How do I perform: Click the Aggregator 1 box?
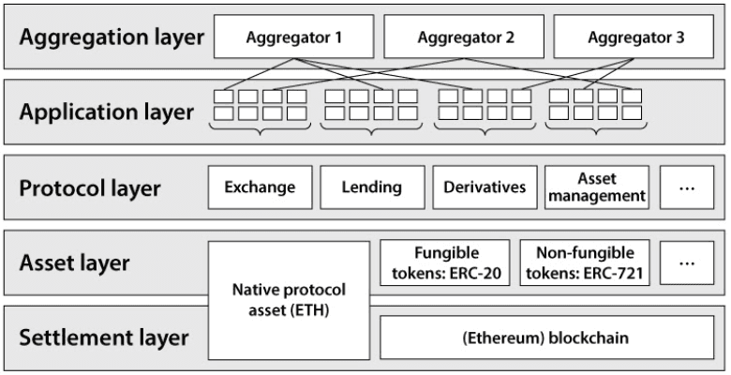coord(293,37)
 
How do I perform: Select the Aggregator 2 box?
coord(464,37)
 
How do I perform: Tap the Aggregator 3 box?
coord(634,37)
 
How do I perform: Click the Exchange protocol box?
coord(261,187)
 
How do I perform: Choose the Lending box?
coord(372,187)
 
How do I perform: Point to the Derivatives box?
coord(485,187)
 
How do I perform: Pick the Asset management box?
coord(597,187)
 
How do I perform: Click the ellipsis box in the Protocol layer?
coord(687,187)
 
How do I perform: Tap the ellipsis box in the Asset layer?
coord(687,262)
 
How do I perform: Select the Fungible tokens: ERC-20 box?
coord(445,262)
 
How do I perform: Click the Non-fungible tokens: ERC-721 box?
coord(585,262)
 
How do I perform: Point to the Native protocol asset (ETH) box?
coord(289,300)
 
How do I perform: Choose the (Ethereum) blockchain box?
coord(547,337)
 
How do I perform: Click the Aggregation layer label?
coord(112,37)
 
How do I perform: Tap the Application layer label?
coord(106,112)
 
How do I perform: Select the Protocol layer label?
coord(90,187)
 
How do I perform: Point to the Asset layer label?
coord(74,262)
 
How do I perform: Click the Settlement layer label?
coord(104,337)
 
